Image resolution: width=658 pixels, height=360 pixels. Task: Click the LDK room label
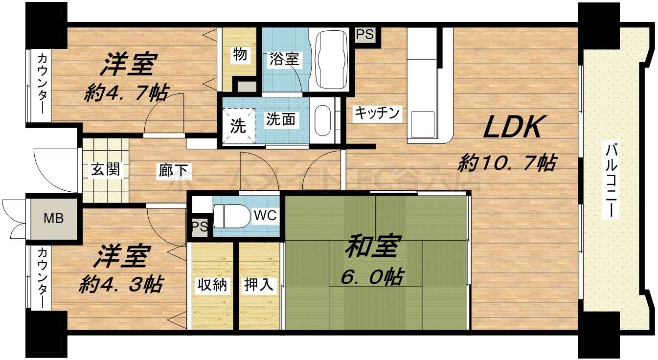[x=512, y=128]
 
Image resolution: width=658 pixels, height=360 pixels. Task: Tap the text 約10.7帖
[x=507, y=162]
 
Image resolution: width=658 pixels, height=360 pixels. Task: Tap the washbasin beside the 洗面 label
[x=322, y=120]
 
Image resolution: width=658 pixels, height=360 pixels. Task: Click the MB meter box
[x=54, y=218]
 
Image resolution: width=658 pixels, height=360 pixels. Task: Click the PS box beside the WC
[x=199, y=227]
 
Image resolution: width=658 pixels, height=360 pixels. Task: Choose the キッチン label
[x=377, y=113]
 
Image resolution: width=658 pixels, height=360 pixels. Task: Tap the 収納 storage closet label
[x=212, y=285]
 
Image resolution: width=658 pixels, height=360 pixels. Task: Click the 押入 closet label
[x=258, y=285]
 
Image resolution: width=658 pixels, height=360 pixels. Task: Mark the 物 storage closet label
[x=240, y=55]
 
